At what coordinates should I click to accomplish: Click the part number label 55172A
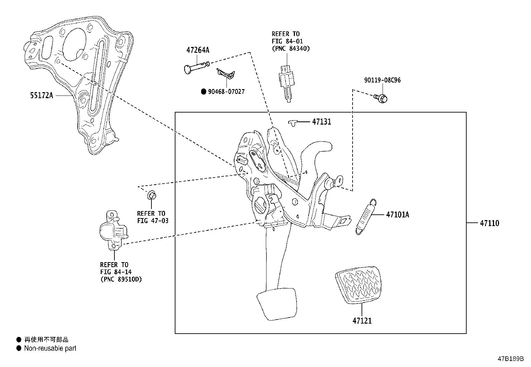pos(41,96)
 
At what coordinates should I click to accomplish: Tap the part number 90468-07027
pos(226,91)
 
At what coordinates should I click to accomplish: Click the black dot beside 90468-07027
pos(203,91)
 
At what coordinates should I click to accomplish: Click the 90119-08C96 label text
pos(382,80)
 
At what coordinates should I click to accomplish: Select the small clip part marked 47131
pos(293,123)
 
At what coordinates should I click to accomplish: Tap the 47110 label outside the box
pos(489,223)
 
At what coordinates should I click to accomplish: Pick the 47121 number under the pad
pos(362,321)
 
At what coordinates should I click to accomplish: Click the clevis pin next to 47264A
pos(195,66)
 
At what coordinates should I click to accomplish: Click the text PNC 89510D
pos(121,280)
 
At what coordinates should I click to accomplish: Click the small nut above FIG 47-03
pos(152,195)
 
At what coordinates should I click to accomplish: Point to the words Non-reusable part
pos(50,348)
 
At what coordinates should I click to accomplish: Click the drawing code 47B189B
pos(511,359)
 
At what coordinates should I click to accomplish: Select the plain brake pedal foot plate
pos(277,304)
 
